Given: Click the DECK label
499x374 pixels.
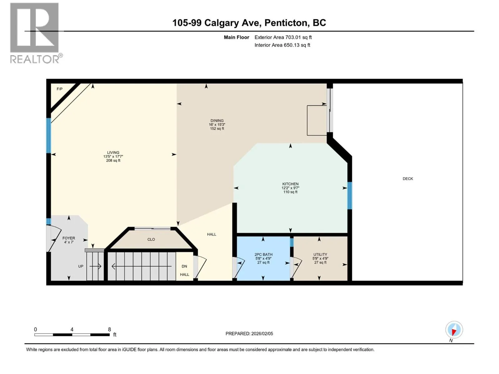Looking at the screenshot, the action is click(408, 179).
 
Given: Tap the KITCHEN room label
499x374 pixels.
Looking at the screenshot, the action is click(290, 184).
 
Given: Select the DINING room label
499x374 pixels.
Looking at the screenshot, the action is click(217, 121).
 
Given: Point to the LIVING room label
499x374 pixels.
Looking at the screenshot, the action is click(113, 153).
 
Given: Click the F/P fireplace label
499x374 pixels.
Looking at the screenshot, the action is click(60, 89).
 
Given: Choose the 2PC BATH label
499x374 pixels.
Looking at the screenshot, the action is click(263, 255).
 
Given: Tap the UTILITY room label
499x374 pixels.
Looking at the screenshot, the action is click(320, 255).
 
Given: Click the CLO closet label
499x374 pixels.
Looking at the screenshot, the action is click(151, 239).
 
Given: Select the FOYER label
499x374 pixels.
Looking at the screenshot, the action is click(69, 238).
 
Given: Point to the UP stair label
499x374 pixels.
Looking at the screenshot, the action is click(81, 266).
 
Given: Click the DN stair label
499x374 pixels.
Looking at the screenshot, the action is click(184, 266).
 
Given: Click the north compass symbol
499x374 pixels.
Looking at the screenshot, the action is click(454, 329).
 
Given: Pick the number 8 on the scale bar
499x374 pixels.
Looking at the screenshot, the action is click(109, 329).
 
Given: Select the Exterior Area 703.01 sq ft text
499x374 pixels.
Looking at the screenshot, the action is click(283, 37).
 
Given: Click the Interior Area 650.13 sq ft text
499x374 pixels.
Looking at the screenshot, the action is click(282, 45).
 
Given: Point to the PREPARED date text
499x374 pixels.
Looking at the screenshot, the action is click(249, 333).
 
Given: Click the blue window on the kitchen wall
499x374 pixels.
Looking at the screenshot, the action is click(350, 195).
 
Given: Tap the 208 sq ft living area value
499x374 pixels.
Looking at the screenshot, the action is click(113, 161).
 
